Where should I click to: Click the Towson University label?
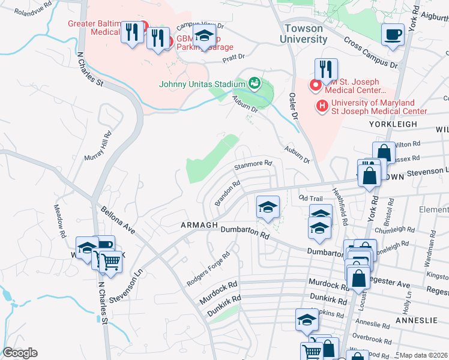(304, 34)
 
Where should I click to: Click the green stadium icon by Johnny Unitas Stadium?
(255, 83)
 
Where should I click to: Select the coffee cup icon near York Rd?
(393, 35)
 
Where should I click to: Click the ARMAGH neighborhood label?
(199, 225)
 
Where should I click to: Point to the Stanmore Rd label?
(253, 163)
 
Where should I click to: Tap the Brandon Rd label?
(228, 193)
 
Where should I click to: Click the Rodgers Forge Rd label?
(208, 268)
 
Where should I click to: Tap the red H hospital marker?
(322, 106)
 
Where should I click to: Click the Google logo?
(19, 353)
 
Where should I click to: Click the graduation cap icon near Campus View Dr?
(204, 37)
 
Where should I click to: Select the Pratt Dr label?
(234, 57)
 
